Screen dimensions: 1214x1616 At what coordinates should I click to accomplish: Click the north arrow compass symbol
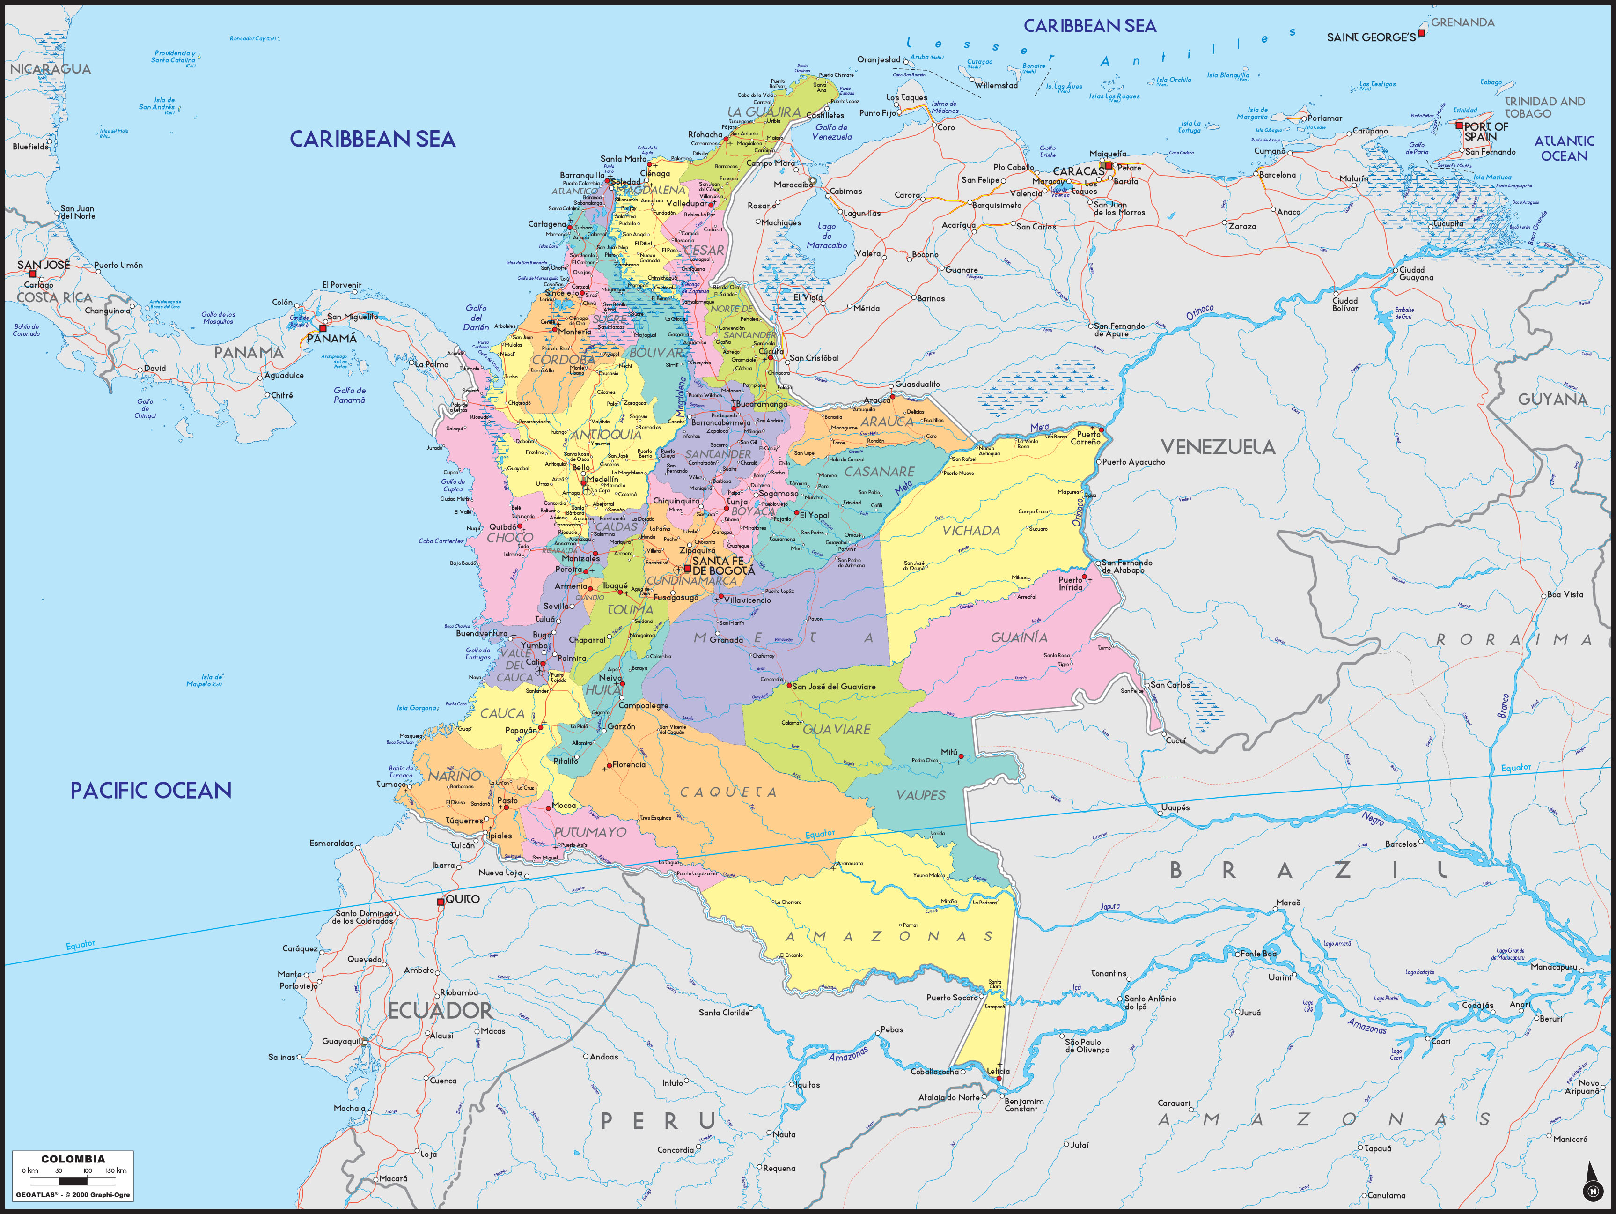[1593, 1184]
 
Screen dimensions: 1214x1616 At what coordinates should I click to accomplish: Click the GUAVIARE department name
[837, 729]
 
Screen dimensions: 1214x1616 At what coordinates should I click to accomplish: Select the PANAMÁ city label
[332, 339]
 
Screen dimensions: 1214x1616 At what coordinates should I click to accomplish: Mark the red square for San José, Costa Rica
[32, 274]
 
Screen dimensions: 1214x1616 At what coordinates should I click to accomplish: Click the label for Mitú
[949, 752]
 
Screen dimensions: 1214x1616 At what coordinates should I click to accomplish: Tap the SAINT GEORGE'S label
[1371, 37]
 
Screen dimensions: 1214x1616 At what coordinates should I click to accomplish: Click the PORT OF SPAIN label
[1486, 132]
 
